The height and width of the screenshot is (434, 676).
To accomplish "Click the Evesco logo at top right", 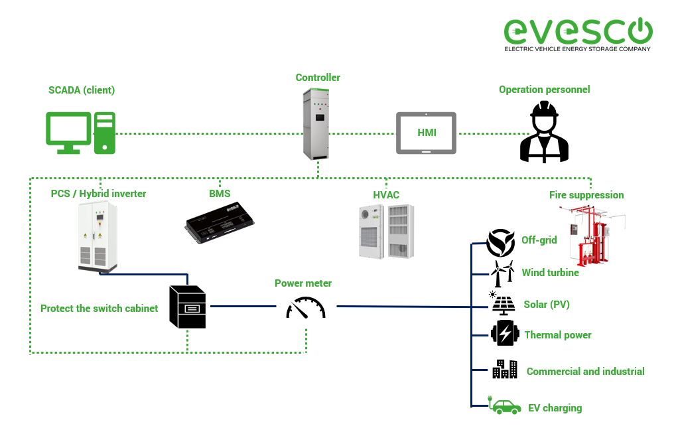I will pos(578,34).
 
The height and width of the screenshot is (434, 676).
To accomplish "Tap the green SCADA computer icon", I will pos(80,133).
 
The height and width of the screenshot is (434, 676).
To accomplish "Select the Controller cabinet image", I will pos(316,123).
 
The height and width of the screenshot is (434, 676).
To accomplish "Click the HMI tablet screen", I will pos(426,133).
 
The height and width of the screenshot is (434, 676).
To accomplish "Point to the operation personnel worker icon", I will pos(544,132).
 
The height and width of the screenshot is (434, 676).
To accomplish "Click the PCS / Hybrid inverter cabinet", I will pos(98,236).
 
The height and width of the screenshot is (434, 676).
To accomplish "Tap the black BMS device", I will pos(219,222).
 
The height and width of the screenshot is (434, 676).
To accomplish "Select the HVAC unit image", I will pos(387,231).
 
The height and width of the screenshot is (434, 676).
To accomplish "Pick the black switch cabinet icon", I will pos(187,307).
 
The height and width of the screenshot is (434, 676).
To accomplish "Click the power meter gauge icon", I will pos(306,308).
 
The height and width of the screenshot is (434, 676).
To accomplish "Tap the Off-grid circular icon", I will pos(500,243).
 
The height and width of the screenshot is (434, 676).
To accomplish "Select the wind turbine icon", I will pos(502,273).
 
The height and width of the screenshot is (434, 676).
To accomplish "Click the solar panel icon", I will pos(502,304).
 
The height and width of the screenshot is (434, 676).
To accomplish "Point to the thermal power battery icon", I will pos(505,333).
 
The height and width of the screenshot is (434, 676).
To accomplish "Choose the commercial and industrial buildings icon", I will pos(504,370).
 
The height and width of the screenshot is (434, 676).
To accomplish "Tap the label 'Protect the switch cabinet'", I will pos(99,308).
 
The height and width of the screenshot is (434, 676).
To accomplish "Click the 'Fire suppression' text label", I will pos(586,195).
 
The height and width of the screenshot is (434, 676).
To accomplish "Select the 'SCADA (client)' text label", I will pos(82,90).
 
